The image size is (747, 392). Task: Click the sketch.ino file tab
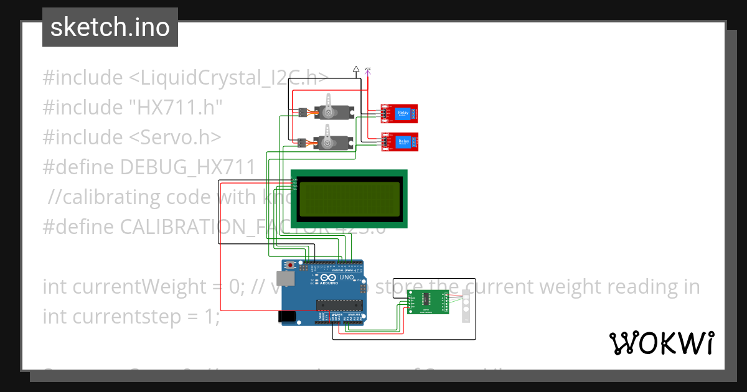110,27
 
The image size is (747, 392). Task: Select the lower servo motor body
334,142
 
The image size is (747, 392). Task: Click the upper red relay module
398,113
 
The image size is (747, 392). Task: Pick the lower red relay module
399,142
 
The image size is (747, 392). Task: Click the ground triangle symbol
355,69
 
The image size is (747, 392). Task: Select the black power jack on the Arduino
287,316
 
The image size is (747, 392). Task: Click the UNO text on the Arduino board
346,278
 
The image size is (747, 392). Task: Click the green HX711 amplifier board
426,302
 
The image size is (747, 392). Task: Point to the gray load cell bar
466,306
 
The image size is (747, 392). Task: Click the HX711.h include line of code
133,107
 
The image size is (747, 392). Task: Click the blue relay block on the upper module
403,112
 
